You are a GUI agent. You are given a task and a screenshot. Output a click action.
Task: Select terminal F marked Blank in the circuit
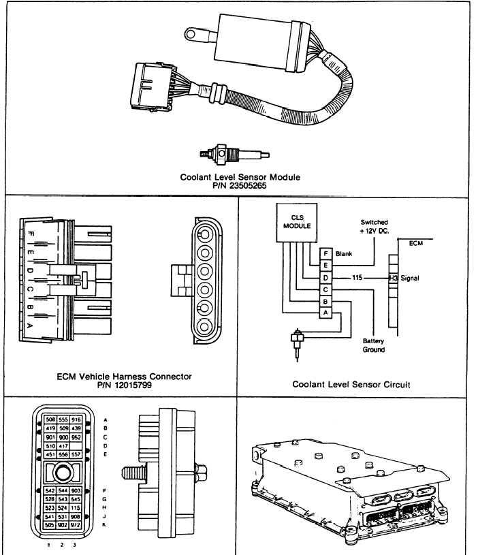point(326,253)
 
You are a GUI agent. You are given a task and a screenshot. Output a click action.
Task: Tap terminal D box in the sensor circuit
point(326,278)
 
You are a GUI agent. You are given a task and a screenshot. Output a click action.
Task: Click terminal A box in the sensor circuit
point(326,313)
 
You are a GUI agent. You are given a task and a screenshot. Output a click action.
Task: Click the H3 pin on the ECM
point(393,278)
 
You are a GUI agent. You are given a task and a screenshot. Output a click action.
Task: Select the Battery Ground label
point(374,346)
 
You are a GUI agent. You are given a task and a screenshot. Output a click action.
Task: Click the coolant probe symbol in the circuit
point(298,339)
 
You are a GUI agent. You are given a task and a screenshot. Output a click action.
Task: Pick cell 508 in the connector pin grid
point(50,419)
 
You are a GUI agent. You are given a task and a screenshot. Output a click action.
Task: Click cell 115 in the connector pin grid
point(76,507)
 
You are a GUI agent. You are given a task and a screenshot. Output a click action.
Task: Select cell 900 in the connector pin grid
point(63,437)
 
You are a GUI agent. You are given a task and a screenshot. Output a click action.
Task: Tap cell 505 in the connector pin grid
point(50,524)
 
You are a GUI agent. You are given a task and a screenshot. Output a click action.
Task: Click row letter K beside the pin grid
point(103,525)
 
